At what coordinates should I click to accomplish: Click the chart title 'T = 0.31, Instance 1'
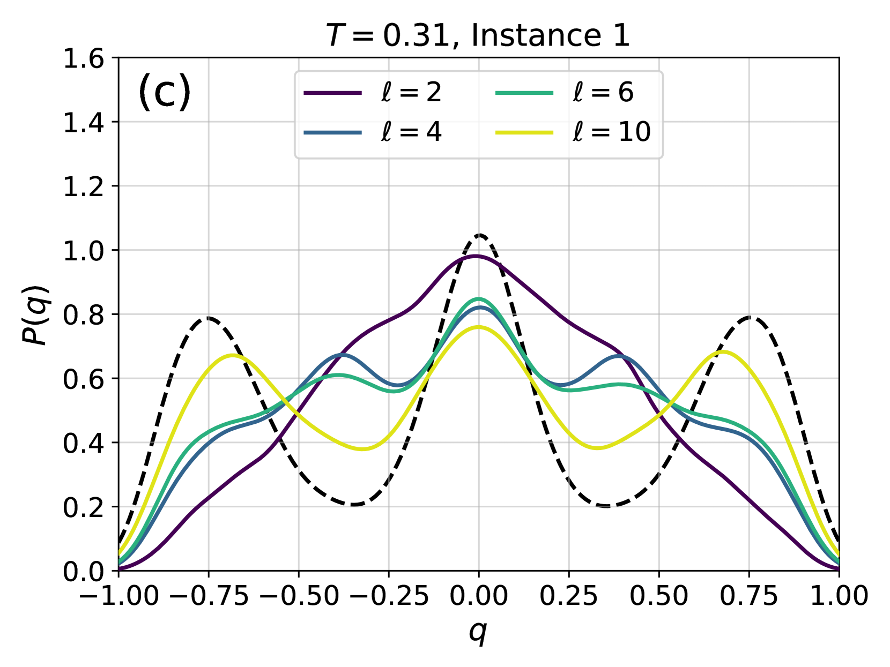click(478, 35)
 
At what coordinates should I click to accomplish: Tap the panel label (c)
click(165, 92)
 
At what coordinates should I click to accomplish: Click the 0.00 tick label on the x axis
click(479, 595)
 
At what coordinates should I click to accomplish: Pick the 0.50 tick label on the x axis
click(659, 595)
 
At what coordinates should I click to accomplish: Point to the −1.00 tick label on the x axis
click(118, 595)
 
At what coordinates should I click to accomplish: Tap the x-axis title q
click(478, 632)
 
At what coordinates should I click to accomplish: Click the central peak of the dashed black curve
click(479, 235)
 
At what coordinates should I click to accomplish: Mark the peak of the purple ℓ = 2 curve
click(476, 256)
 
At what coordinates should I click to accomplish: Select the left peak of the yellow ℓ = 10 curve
click(232, 355)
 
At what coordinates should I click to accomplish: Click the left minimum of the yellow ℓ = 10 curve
click(363, 449)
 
